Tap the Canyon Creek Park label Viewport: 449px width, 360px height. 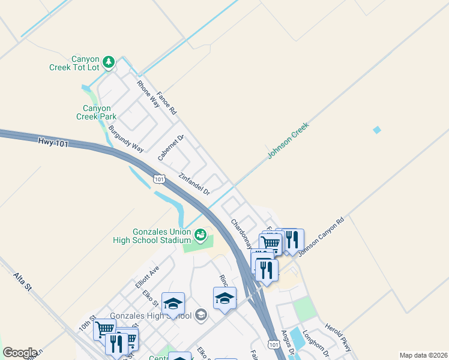click(x=96, y=112)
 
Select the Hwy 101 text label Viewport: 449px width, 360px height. click(x=49, y=142)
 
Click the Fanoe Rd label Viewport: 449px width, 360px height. click(x=167, y=103)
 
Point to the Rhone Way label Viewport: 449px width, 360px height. click(x=148, y=94)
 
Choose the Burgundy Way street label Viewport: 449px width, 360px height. click(x=127, y=139)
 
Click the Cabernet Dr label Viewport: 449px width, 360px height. click(x=170, y=148)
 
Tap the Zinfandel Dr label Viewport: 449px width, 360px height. click(x=194, y=184)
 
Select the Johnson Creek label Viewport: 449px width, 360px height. click(x=288, y=141)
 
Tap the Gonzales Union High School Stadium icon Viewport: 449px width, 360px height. click(x=200, y=233)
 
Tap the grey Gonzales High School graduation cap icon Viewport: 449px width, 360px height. click(x=201, y=315)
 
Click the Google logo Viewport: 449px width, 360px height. click(x=20, y=353)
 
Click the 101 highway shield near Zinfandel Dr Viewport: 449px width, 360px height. click(x=158, y=179)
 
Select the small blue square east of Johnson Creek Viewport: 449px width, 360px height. click(x=377, y=130)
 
